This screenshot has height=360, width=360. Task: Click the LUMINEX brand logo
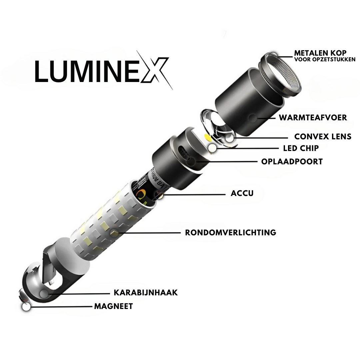click(100, 71)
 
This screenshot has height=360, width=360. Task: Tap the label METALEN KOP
click(320, 53)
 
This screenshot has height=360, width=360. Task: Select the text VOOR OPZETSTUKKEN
click(325, 60)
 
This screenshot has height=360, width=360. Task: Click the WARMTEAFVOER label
click(313, 117)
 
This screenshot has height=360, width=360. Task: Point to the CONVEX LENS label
click(323, 137)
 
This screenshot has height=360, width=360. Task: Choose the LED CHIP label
click(301, 148)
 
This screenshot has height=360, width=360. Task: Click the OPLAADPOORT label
click(292, 162)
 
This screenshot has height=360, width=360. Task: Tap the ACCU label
click(242, 193)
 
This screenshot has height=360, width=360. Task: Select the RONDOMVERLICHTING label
click(230, 232)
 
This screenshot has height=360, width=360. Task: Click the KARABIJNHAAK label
click(146, 293)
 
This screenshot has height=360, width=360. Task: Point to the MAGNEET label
click(113, 306)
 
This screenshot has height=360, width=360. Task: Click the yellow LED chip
click(207, 137)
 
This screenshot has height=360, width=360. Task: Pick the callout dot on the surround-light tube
click(114, 232)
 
